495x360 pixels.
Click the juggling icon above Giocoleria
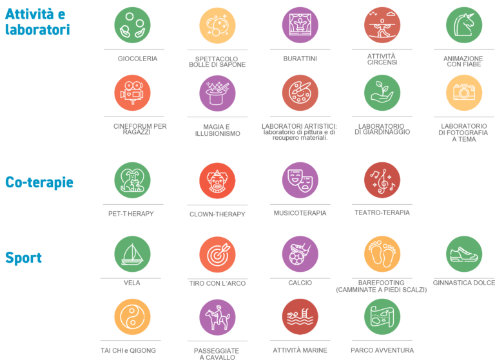tap(132, 24)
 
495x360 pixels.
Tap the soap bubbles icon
tap(217, 24)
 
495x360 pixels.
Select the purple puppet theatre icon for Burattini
tap(300, 24)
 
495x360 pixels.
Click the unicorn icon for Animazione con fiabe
tap(464, 24)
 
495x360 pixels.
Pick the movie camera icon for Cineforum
tap(132, 92)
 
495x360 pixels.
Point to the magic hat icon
tap(217, 92)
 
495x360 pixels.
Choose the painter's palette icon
tap(300, 92)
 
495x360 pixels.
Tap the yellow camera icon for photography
tap(464, 92)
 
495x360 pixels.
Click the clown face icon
tap(217, 180)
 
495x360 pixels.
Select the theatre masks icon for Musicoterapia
tap(300, 180)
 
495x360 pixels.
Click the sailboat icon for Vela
tap(132, 253)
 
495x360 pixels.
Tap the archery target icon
tap(217, 253)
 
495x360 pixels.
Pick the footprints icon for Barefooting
tap(382, 253)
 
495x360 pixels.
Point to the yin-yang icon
tap(132, 316)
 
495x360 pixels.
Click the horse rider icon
tap(217, 316)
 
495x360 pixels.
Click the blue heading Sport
tap(23, 258)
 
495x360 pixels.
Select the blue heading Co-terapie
tap(39, 182)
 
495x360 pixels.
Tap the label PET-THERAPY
tap(131, 213)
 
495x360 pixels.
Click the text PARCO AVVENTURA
tap(381, 350)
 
